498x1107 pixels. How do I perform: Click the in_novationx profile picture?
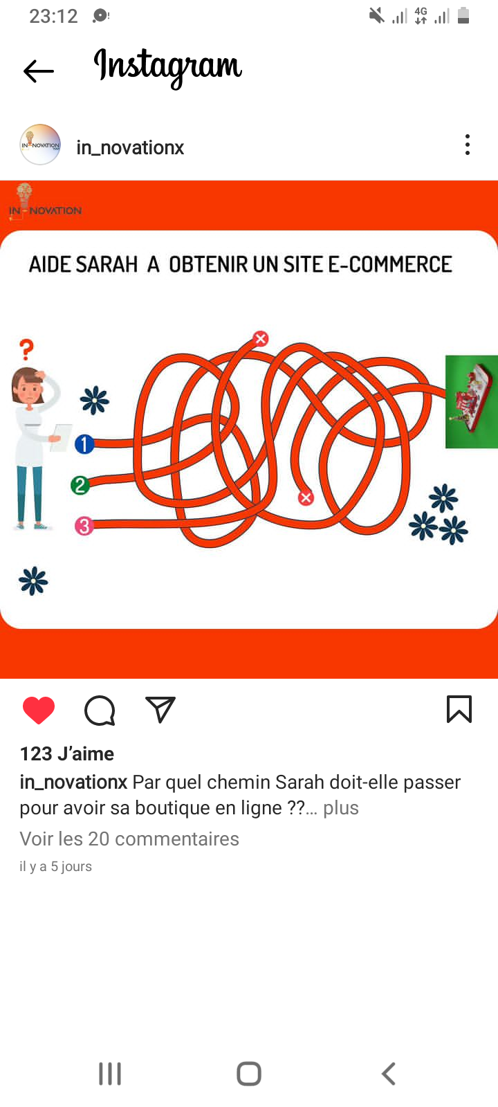click(x=40, y=145)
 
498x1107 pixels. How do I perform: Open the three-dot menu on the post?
click(x=467, y=145)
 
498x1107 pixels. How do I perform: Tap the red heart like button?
click(x=39, y=710)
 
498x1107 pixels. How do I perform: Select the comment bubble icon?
click(x=100, y=711)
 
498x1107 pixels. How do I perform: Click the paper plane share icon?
click(x=160, y=709)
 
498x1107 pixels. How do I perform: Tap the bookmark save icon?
click(x=459, y=709)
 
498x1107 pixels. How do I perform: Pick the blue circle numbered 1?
click(x=84, y=444)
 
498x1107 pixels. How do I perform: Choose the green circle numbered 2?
click(x=80, y=485)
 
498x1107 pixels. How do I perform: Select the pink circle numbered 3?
click(x=84, y=526)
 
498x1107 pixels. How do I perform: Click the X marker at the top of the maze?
click(x=260, y=338)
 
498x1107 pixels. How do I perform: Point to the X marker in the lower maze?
click(x=306, y=497)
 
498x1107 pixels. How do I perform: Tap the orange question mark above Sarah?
click(x=27, y=350)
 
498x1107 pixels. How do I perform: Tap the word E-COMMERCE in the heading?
click(x=390, y=264)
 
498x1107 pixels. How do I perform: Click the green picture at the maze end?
click(x=471, y=402)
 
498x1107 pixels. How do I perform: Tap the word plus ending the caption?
click(x=341, y=808)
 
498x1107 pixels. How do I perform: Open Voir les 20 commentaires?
click(x=129, y=839)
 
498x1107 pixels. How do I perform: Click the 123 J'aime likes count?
click(x=66, y=753)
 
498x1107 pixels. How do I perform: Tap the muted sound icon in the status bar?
click(x=376, y=16)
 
